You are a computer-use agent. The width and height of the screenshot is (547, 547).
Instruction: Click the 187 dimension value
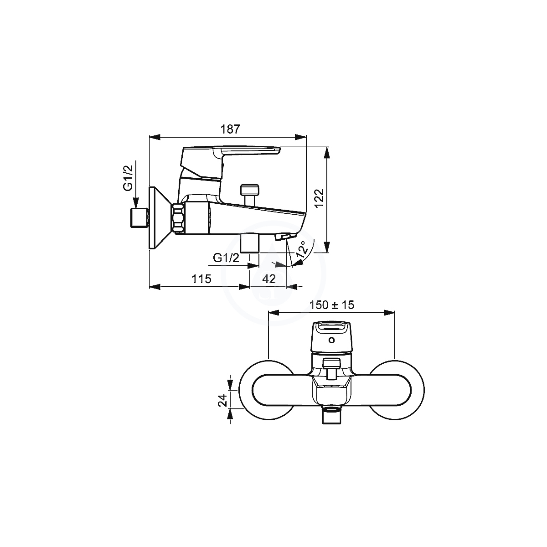pyautogui.click(x=230, y=129)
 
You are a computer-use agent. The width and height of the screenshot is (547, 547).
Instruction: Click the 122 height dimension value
pyautogui.click(x=319, y=199)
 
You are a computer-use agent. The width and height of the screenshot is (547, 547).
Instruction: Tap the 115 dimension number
pyautogui.click(x=201, y=279)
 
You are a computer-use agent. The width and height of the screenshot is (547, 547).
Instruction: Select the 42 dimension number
pyautogui.click(x=268, y=279)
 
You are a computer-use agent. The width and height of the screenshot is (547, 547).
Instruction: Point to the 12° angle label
pyautogui.click(x=302, y=249)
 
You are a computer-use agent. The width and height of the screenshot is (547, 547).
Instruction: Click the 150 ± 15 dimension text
pyautogui.click(x=331, y=305)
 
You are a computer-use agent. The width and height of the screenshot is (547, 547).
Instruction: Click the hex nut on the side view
pyautogui.click(x=178, y=219)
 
